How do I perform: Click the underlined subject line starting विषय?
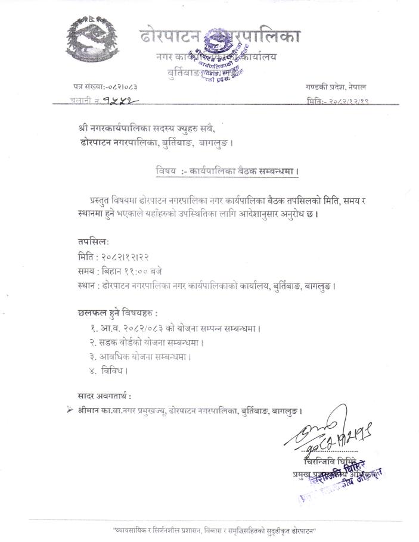coord(227,172)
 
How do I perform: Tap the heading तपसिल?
coord(92,242)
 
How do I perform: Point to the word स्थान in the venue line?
coord(87,285)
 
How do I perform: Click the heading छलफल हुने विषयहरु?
coord(118,313)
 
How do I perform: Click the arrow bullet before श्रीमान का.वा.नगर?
coord(70,410)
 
